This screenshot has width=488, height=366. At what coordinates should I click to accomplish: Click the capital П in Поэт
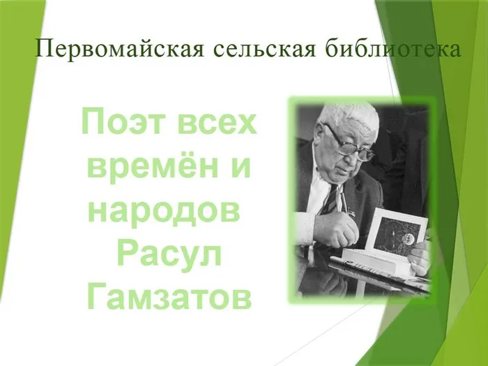pos(92,123)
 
